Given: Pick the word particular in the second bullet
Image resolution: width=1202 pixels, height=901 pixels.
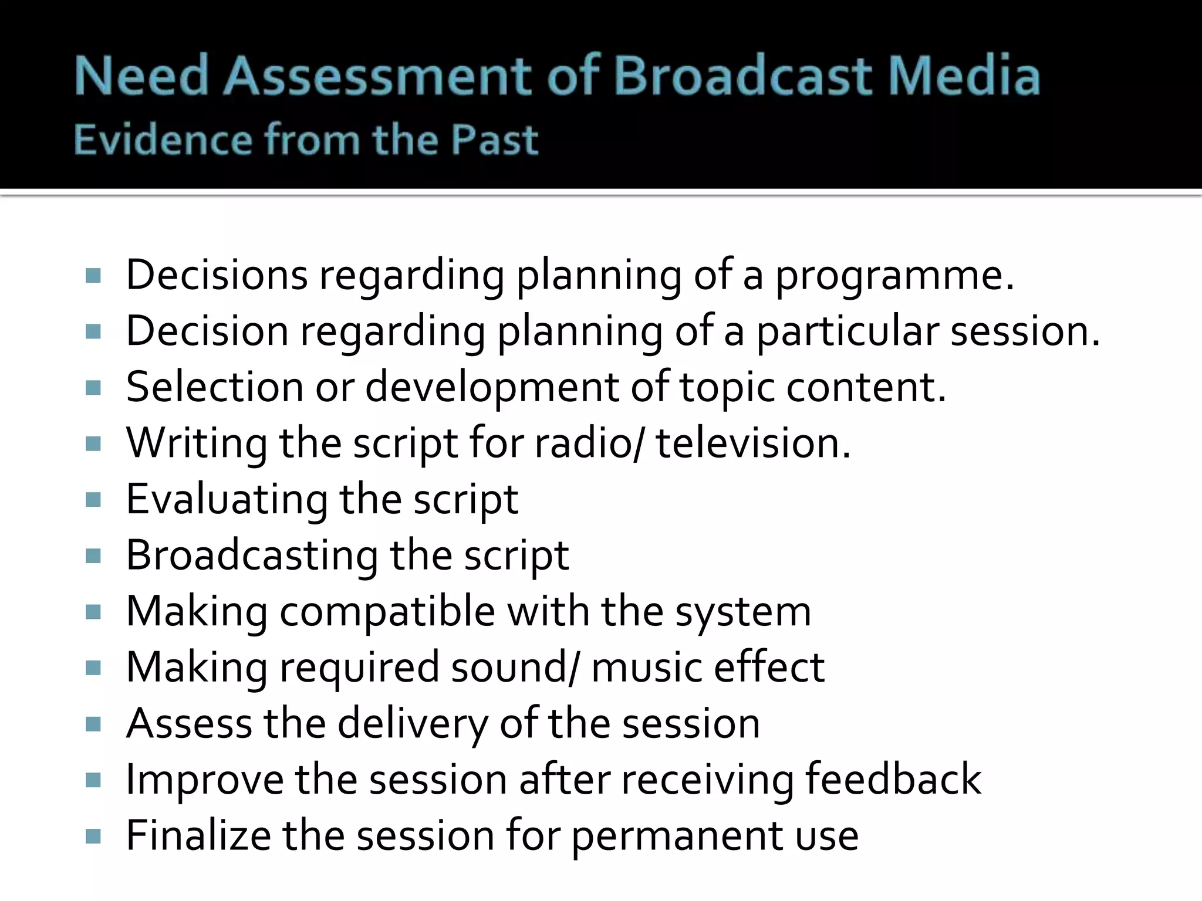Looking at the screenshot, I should click(x=848, y=332).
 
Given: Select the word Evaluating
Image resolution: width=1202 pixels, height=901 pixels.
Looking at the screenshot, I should click(x=227, y=500).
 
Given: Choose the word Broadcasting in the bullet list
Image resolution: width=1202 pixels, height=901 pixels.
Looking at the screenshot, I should click(x=252, y=556).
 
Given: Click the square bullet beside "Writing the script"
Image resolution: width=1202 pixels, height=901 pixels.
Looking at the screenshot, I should click(x=93, y=444).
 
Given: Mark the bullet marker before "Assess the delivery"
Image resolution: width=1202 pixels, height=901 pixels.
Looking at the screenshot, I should click(x=93, y=724).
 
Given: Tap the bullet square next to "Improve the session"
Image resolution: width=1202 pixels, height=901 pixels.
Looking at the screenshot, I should click(x=93, y=781).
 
